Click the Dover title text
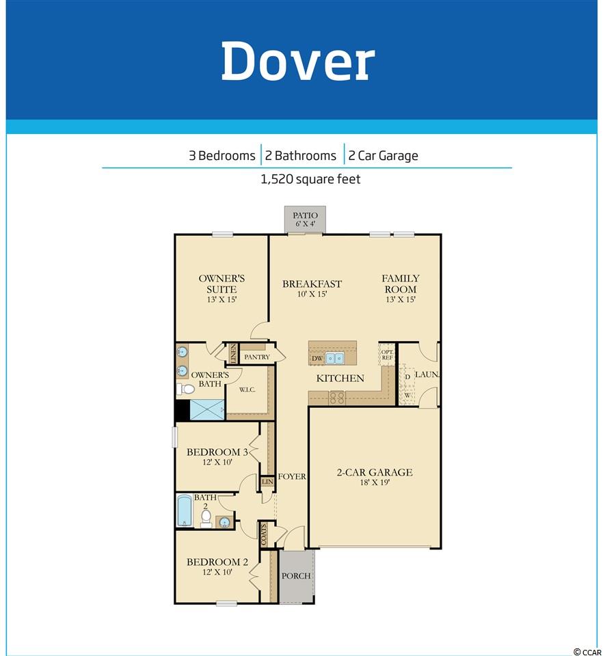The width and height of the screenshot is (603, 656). pyautogui.click(x=298, y=61)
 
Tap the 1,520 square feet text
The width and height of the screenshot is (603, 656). pyautogui.click(x=310, y=179)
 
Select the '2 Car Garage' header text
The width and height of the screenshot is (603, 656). pyautogui.click(x=383, y=156)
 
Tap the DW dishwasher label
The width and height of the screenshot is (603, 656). pyautogui.click(x=317, y=359)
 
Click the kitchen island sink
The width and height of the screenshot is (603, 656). pyautogui.click(x=334, y=358)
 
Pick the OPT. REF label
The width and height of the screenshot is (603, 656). pyautogui.click(x=387, y=355)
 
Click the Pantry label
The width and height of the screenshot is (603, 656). pyautogui.click(x=256, y=357)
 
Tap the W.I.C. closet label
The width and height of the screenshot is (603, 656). pyautogui.click(x=247, y=389)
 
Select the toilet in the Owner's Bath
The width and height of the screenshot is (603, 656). pyautogui.click(x=185, y=389)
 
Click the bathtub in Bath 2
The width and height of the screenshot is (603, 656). pyautogui.click(x=184, y=510)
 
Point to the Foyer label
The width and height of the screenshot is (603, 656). pyautogui.click(x=292, y=476)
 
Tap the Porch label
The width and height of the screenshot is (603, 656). pyautogui.click(x=296, y=576)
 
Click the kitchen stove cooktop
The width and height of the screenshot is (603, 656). pyautogui.click(x=337, y=398)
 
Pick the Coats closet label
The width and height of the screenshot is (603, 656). pyautogui.click(x=264, y=534)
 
